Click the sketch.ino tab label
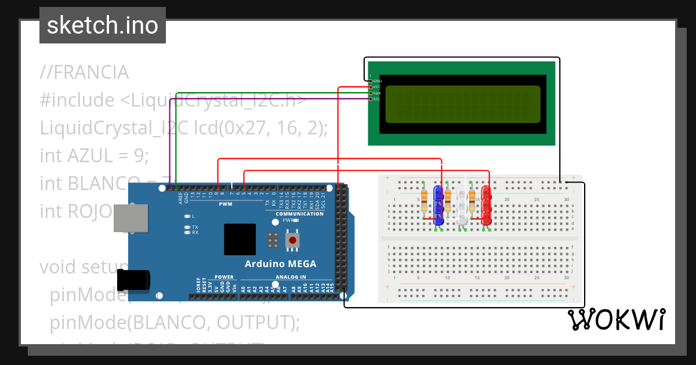[x=103, y=25]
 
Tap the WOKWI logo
[x=616, y=319]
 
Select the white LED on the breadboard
[x=462, y=205]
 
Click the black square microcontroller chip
[x=240, y=239]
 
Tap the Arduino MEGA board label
[x=281, y=264]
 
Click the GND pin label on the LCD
[x=377, y=81]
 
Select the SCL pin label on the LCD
[x=376, y=99]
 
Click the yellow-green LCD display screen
[x=463, y=104]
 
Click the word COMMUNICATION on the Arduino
[x=300, y=214]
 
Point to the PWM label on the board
[x=226, y=204]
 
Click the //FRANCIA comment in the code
[x=85, y=73]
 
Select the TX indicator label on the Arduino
[x=195, y=227]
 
